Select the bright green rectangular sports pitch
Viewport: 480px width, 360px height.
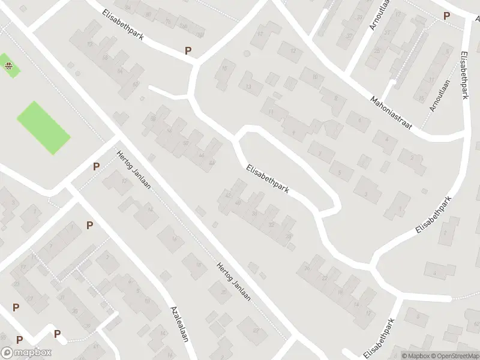tap(43, 127)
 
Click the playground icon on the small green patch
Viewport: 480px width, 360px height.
tap(8, 66)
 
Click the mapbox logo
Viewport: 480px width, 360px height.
tap(26, 353)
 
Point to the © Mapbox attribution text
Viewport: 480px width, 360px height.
tap(415, 356)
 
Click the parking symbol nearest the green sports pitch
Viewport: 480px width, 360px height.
tap(96, 167)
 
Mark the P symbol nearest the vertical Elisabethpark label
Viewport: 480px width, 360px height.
tap(446, 16)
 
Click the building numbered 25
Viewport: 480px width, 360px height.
tap(377, 50)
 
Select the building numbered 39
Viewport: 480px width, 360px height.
tap(74, 311)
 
